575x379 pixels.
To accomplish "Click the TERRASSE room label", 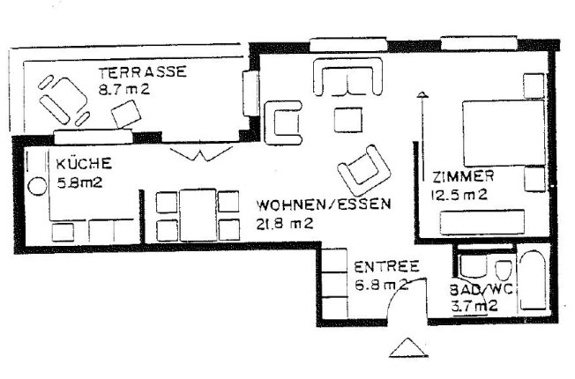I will coord(142,73).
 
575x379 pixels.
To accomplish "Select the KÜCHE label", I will coord(83,163).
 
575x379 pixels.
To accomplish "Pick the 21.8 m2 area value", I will coord(284,223).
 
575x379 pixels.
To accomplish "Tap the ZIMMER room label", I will coord(463,176).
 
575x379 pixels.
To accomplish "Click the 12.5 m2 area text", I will coord(459,195).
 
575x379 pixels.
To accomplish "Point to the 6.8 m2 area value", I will coord(381,285).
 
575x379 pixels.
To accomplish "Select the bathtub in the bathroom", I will coord(535,282).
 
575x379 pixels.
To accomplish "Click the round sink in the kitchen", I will coord(38,187).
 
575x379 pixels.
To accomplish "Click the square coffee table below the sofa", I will coord(346,119).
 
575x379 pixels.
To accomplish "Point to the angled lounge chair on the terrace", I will coord(60,99).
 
